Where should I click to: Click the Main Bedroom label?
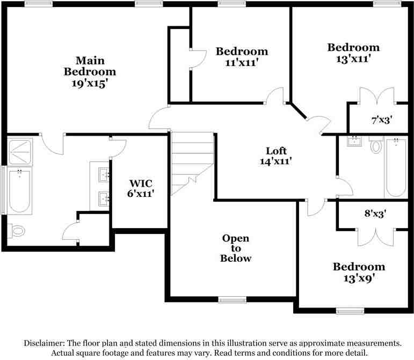coord(90,65)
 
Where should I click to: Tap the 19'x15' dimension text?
coord(90,83)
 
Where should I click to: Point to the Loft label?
coord(277,151)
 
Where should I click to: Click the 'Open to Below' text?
coord(236,248)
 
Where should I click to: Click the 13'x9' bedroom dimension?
coord(359,278)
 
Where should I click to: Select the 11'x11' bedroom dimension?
coord(242,62)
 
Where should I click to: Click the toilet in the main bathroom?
coord(17,231)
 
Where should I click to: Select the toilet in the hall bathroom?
coord(376,145)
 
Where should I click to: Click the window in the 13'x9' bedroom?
coord(350,311)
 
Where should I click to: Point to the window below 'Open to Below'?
coord(232,299)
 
